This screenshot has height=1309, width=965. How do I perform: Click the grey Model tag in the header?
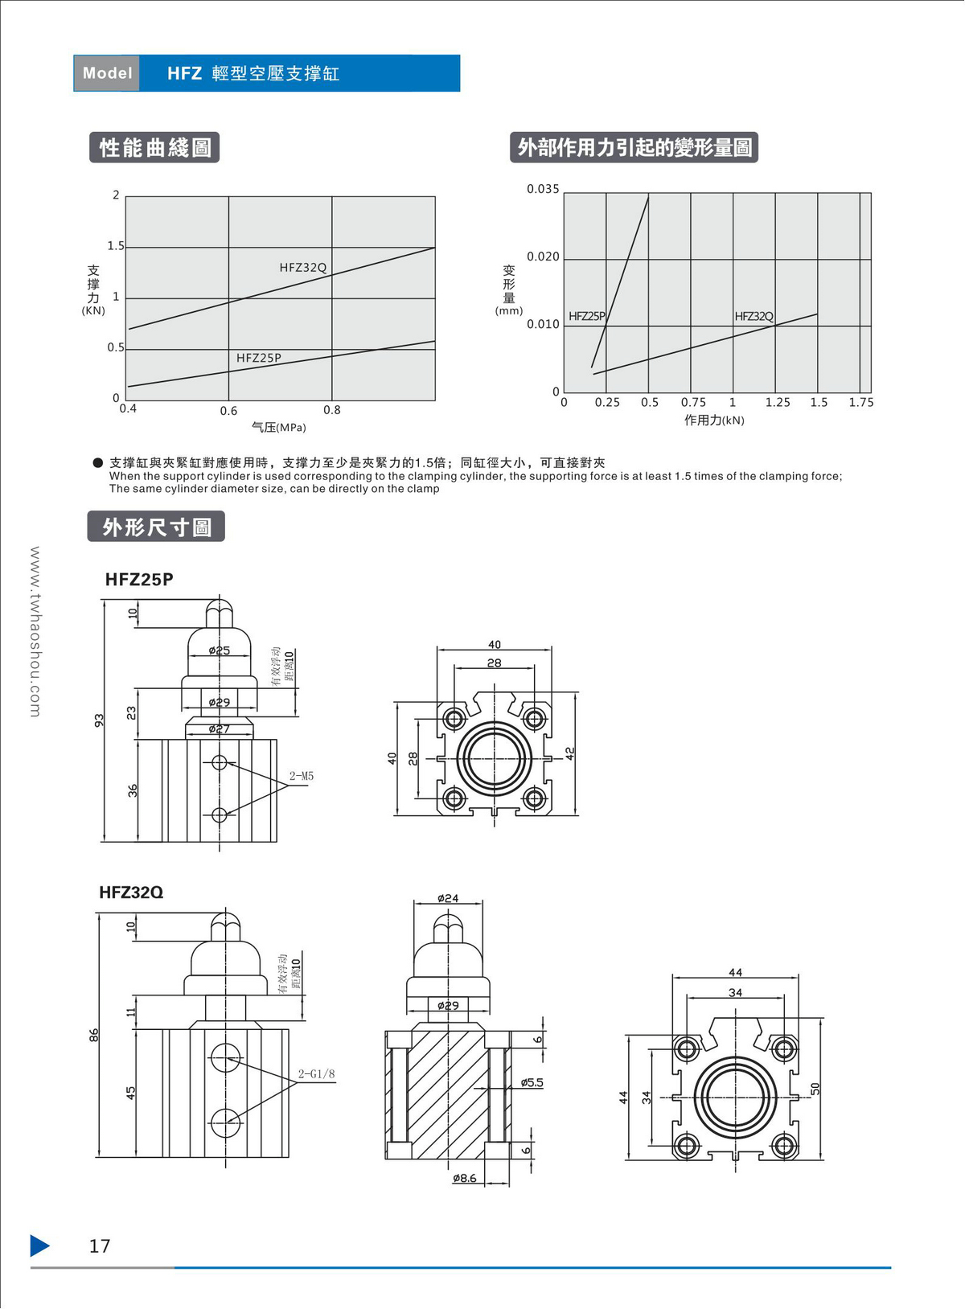pos(106,73)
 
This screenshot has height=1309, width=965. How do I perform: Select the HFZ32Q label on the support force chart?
pos(302,268)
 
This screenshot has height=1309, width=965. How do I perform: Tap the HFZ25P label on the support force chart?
pos(259,358)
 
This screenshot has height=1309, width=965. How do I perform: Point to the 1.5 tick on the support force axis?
pos(116,246)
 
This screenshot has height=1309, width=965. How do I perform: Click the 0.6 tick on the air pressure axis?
pos(228,411)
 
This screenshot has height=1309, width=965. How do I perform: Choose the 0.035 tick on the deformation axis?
pos(543,189)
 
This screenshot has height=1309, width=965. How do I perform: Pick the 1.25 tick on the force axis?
pos(778,402)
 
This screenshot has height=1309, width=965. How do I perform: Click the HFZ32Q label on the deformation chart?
pos(754,316)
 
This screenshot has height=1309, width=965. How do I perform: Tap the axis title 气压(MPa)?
pos(279,427)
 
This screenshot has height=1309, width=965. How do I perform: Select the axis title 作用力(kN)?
pos(714,420)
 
